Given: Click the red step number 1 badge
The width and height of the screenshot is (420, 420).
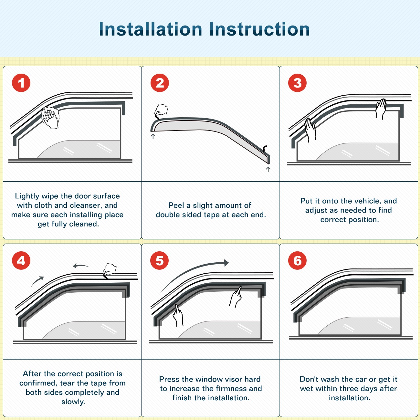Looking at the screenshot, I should [x=21, y=83].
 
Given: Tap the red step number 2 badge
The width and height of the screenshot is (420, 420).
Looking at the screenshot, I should [x=160, y=83].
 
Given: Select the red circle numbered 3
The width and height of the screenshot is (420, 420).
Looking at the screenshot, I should [x=297, y=83].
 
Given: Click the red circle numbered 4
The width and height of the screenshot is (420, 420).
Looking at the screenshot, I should [x=21, y=261].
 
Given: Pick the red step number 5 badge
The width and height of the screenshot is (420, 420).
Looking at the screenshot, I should [x=160, y=261].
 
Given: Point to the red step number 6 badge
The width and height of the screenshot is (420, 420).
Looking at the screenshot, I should [x=297, y=261].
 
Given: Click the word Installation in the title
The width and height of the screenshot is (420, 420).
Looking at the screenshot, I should [x=151, y=29].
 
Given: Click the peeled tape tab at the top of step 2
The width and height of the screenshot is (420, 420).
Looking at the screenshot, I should [x=161, y=110].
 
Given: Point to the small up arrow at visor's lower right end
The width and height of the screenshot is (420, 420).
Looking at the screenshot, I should [x=268, y=169].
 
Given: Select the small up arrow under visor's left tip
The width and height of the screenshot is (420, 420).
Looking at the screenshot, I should [x=153, y=136].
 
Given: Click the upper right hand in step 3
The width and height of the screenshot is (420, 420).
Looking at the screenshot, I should [x=381, y=109].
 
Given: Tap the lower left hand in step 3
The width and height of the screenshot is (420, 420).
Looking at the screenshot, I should [x=310, y=130].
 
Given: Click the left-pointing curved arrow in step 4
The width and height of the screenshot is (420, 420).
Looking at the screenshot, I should [x=80, y=266].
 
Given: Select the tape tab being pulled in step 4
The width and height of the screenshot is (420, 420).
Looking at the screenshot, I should [x=110, y=269].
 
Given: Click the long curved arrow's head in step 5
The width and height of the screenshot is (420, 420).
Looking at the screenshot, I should [x=226, y=263].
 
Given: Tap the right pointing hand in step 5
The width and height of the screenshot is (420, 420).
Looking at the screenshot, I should [x=236, y=297].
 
